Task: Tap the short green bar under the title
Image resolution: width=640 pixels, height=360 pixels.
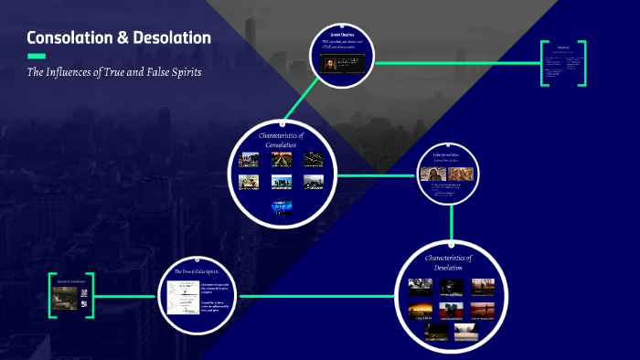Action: (x=36, y=57)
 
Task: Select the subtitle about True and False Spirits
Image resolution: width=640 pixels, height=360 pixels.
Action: (x=113, y=72)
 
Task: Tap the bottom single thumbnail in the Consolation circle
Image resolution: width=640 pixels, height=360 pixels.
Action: (x=282, y=206)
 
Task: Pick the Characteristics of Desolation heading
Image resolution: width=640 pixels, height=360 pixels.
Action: (x=448, y=263)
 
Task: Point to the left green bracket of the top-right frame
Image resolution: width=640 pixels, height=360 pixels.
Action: (x=543, y=64)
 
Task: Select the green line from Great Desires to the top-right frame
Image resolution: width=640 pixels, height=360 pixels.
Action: (x=457, y=63)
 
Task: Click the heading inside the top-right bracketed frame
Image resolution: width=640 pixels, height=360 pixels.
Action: (x=563, y=46)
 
